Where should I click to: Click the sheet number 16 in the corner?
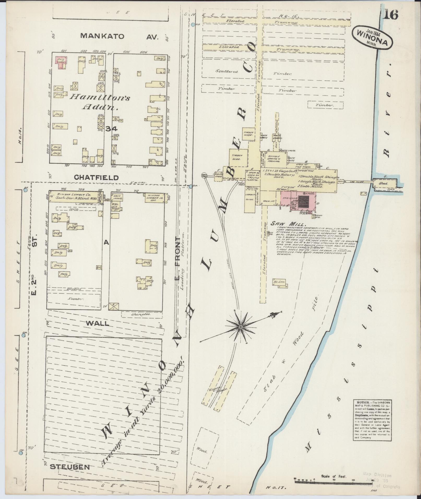click(x=391, y=15)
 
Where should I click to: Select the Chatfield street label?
click(x=96, y=178)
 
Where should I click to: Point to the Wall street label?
click(x=97, y=323)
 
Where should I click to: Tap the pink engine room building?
click(x=298, y=202)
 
